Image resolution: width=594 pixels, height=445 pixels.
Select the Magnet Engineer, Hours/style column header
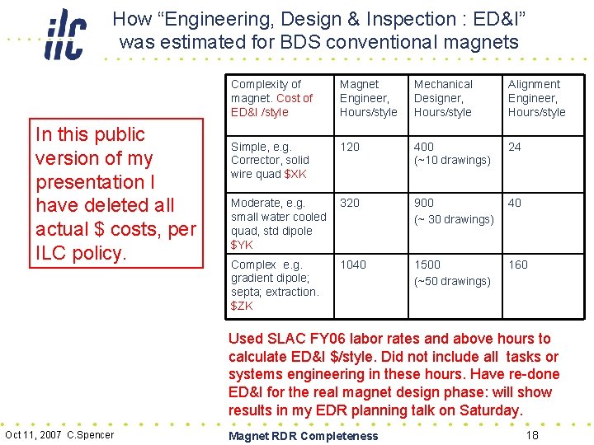tap(368, 98)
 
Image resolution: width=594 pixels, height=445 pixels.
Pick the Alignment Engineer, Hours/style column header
tap(536, 98)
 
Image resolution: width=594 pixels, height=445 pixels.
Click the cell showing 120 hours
tap(350, 147)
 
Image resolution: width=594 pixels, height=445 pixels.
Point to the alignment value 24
tap(515, 147)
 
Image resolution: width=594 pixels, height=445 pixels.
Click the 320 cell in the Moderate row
tap(350, 203)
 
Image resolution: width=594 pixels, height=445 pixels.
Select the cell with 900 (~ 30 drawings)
tap(453, 211)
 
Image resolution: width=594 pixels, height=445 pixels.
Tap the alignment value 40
tap(515, 203)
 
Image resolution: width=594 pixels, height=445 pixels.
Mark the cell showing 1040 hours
tap(353, 265)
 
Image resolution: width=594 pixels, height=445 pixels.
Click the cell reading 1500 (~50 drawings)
tap(451, 273)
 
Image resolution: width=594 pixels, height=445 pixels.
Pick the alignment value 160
tap(518, 265)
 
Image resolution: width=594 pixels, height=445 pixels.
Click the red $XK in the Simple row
tap(295, 174)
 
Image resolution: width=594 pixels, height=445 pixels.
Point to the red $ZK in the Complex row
tap(243, 306)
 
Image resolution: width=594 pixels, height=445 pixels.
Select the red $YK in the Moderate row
tap(243, 245)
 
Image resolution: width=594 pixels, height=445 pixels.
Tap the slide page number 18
tap(532, 434)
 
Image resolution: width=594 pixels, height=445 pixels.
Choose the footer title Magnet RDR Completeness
tap(303, 436)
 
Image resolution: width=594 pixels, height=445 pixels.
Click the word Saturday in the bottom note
tap(488, 410)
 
